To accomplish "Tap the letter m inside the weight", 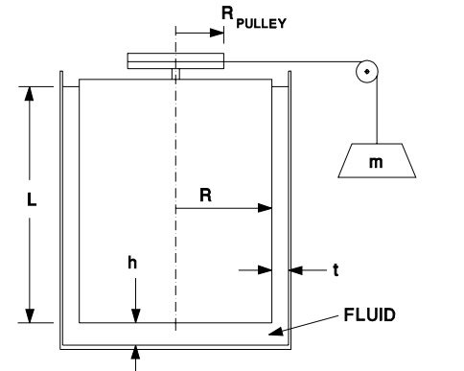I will pos(376,162).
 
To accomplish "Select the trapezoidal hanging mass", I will pos(376,161).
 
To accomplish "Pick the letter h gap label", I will pos(134,261).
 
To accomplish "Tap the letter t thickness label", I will pos(336,269).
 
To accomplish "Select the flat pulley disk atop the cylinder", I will pos(175,61).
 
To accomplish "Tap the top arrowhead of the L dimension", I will pos(31,92).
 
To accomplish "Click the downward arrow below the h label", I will pos(136,315).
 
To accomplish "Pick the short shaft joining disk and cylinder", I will pos(175,74).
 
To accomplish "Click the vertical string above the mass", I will pos(377,110).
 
